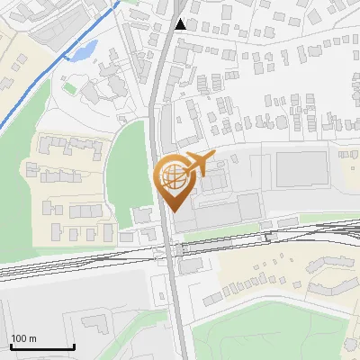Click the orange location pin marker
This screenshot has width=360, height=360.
pos(173,180)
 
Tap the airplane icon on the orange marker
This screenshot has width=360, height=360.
pos(198,165)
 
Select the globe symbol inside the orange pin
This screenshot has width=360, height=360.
pos(173,176)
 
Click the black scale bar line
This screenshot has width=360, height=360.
pos(41,347)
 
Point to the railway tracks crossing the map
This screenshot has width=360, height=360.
pos(90,261)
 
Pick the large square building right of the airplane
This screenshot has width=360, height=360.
pos(301,169)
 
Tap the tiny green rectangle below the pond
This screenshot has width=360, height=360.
pos(69,87)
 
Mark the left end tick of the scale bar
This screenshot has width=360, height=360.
pos(10,346)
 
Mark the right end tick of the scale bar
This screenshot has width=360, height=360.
pos(73,346)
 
